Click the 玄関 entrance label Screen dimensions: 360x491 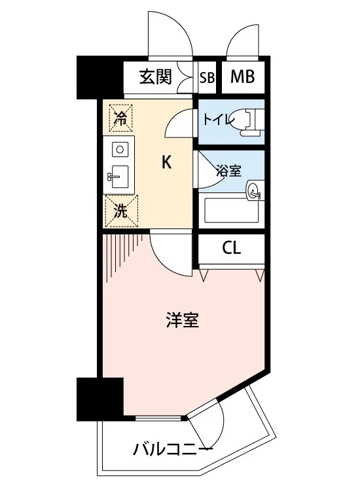click(156, 77)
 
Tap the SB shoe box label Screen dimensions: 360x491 click(207, 77)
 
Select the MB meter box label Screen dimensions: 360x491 click(242, 77)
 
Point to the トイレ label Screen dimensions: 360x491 click(219, 119)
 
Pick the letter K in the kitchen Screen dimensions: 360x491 click(166, 162)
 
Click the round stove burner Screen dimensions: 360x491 click(120, 149)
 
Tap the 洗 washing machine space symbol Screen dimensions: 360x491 click(121, 211)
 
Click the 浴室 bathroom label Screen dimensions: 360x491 click(228, 171)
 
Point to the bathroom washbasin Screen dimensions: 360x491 click(254, 190)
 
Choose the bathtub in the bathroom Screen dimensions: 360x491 click(231, 211)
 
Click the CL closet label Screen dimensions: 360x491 click(231, 248)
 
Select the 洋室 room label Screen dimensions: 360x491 click(182, 320)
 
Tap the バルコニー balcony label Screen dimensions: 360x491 click(173, 450)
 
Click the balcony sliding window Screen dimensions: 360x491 click(158, 418)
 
